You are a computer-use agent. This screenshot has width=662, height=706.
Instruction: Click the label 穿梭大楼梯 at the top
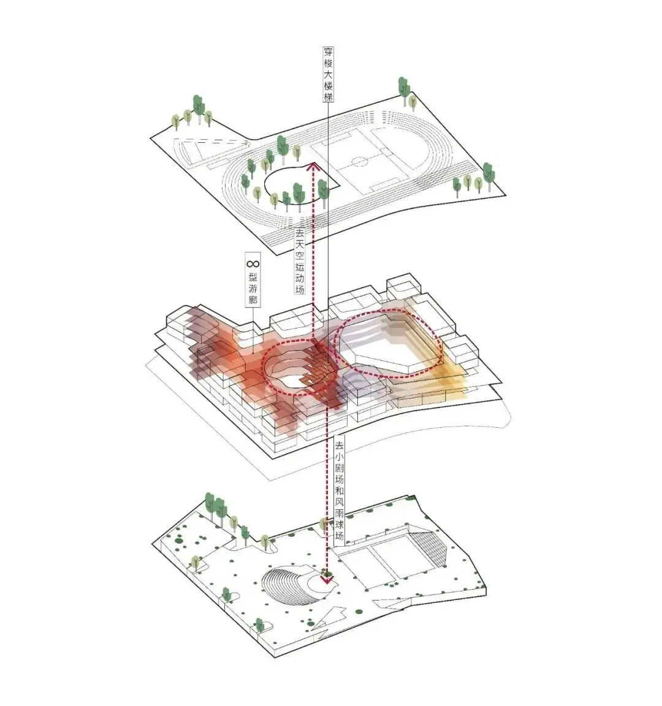(x=329, y=74)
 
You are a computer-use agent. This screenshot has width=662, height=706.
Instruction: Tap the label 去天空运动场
(x=300, y=261)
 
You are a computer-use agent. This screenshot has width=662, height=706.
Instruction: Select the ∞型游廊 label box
(x=253, y=279)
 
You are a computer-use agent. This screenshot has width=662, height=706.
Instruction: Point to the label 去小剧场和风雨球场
(x=338, y=492)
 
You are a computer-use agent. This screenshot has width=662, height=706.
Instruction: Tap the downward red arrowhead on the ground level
(x=326, y=579)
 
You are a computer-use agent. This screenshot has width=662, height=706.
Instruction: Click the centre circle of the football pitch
(x=359, y=161)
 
